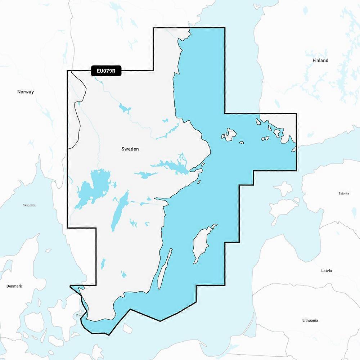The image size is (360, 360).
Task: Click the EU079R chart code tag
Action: click(x=106, y=71)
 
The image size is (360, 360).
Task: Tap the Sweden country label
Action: click(x=130, y=149)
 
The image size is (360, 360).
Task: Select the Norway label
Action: click(x=26, y=92)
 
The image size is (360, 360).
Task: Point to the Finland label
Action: click(x=320, y=60)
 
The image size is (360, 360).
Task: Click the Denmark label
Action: click(x=14, y=286)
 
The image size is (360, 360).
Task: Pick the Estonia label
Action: click(x=343, y=193)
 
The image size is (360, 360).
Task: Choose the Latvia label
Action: click(x=327, y=270)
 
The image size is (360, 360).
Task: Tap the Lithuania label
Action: click(x=310, y=320)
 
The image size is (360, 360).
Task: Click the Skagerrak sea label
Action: click(x=29, y=205)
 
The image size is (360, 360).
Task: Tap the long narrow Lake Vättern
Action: click(x=120, y=211)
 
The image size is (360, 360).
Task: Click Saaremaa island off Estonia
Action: click(x=283, y=209)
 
